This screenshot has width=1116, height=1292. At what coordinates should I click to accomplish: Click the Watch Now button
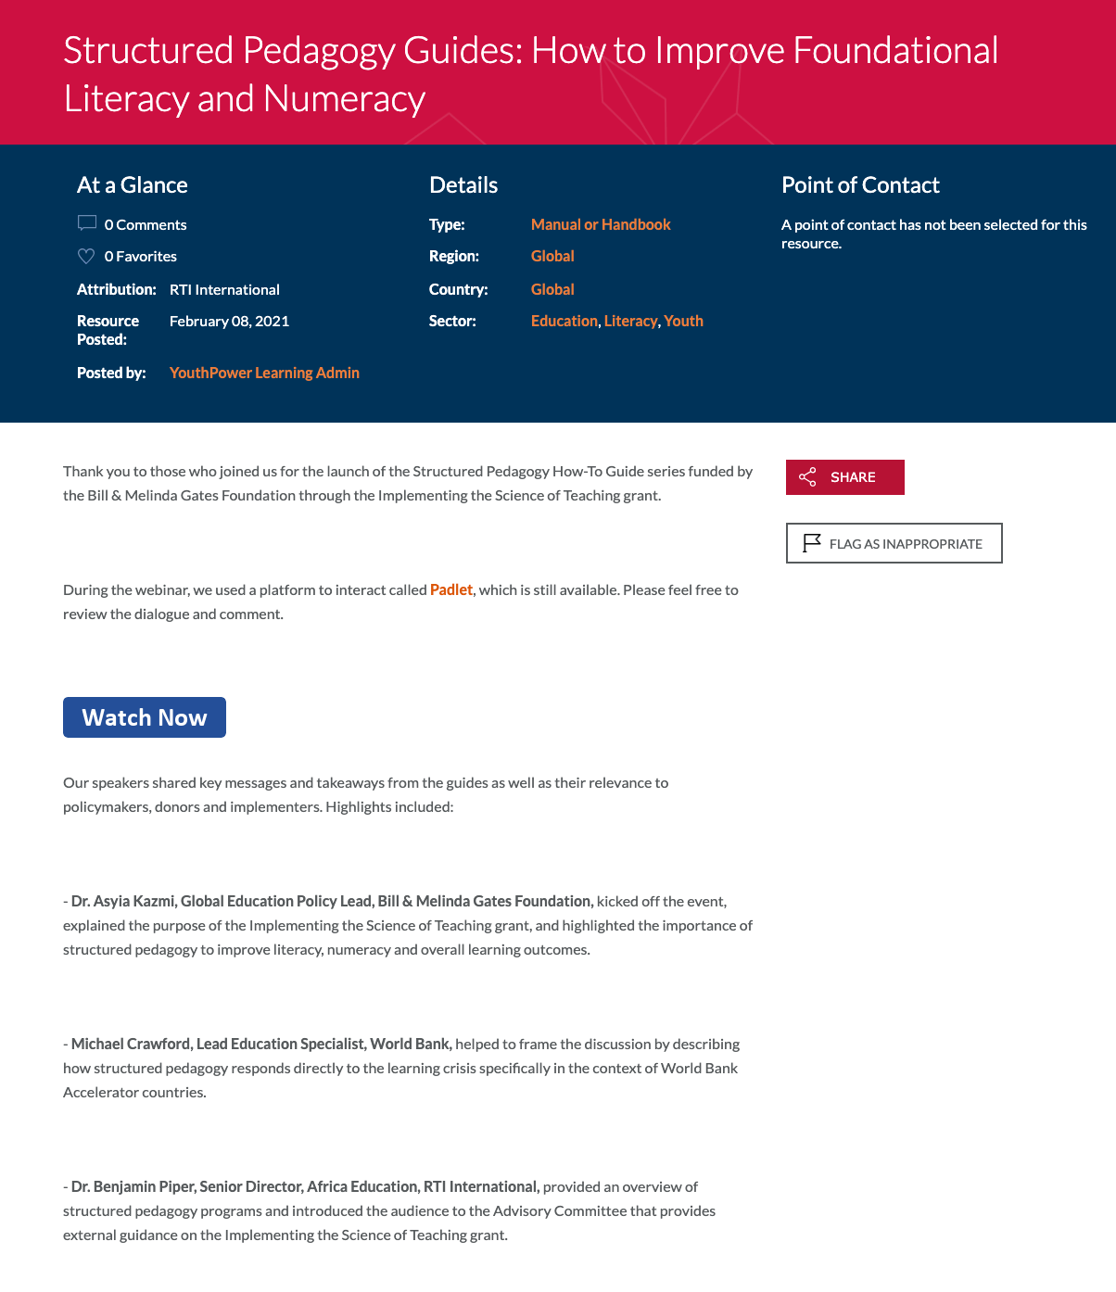tap(145, 717)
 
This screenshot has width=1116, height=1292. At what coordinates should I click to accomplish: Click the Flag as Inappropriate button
tap(894, 543)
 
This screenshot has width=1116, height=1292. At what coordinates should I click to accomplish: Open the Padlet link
tap(451, 589)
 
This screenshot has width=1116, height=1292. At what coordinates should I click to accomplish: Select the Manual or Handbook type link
tap(601, 224)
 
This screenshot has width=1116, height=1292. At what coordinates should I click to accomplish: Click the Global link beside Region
tap(552, 256)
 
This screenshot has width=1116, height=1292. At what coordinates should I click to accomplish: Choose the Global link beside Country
tap(552, 289)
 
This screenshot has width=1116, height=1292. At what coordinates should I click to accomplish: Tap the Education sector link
tap(564, 321)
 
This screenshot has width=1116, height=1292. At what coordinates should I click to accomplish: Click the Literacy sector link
tap(630, 321)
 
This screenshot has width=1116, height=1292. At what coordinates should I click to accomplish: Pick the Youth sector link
tap(683, 321)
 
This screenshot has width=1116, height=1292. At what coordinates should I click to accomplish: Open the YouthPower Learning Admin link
tap(264, 373)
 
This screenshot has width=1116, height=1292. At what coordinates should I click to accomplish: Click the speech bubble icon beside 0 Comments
tap(87, 223)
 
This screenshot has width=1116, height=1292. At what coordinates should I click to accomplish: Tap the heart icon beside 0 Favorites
tap(86, 256)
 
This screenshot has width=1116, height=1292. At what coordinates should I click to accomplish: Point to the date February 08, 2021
tap(229, 321)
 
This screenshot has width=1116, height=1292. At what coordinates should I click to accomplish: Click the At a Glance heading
tap(133, 185)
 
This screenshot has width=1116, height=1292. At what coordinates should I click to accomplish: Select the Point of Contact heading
tap(860, 185)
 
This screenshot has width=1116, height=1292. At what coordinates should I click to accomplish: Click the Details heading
tap(463, 185)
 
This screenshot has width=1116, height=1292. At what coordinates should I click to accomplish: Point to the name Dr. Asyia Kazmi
tap(123, 901)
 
